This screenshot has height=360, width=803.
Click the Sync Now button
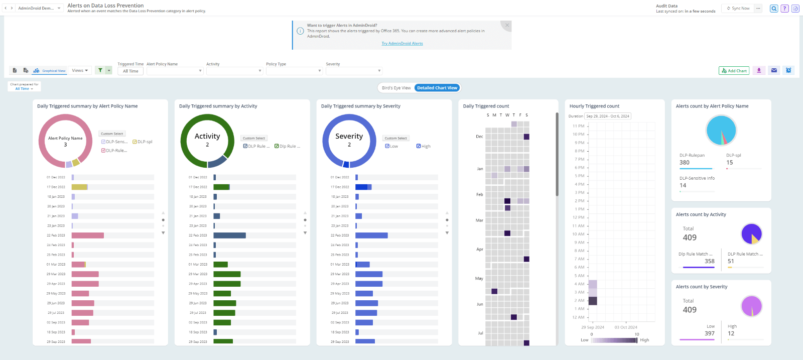738,9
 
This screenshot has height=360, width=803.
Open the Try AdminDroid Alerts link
402,44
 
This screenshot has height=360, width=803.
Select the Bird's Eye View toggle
396,88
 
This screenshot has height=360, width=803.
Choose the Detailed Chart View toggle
437,88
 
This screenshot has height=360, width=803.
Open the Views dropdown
80,71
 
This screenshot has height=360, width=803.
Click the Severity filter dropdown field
354,71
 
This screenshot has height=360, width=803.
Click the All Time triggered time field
130,71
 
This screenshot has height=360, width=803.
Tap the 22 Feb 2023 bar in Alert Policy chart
88,235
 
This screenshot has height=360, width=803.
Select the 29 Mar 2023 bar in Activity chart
227,274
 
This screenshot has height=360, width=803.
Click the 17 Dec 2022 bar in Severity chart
363,187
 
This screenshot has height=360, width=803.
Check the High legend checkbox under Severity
418,146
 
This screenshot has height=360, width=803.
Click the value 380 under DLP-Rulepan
685,163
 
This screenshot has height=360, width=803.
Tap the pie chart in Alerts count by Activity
751,233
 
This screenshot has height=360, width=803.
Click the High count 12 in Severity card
731,333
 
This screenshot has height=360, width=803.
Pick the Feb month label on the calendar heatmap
479,194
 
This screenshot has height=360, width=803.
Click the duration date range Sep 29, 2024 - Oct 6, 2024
607,116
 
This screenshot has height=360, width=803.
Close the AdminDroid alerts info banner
507,25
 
